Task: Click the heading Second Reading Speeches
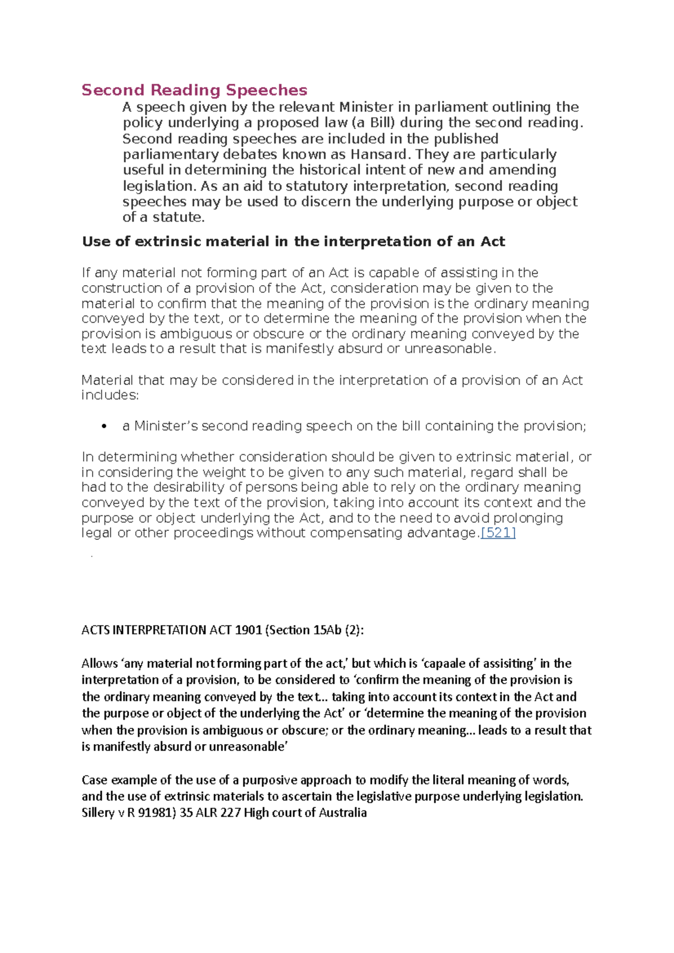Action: coord(194,90)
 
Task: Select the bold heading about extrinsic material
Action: coord(293,242)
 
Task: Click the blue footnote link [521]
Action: coord(498,533)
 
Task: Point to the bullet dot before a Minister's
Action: coord(104,427)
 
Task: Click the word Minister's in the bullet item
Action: coord(166,426)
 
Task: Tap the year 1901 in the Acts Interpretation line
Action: coord(248,630)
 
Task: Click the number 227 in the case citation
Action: coord(230,813)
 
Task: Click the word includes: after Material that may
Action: coord(110,395)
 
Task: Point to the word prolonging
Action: coord(528,518)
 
